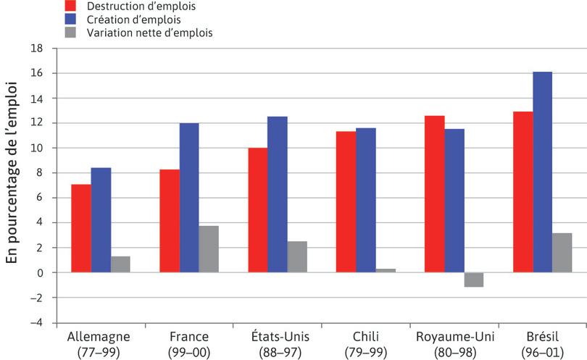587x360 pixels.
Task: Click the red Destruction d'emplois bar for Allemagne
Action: click(81, 228)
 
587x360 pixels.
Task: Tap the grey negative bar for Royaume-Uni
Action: click(474, 280)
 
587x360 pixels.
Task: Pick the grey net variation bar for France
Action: click(209, 248)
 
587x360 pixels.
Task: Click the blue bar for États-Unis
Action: click(277, 194)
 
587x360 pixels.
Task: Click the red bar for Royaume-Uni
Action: click(434, 193)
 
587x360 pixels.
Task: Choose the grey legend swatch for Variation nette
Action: click(70, 33)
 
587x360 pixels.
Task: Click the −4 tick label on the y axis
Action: click(36, 322)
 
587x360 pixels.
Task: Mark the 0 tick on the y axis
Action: click(40, 272)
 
